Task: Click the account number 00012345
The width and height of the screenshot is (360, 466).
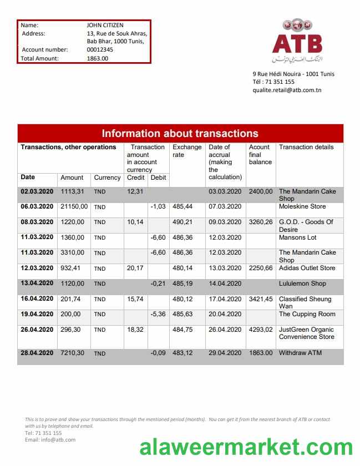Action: pyautogui.click(x=100, y=49)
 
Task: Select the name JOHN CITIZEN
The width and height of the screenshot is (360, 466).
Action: pyautogui.click(x=105, y=25)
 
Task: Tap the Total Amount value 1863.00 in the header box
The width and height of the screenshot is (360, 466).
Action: pyautogui.click(x=98, y=58)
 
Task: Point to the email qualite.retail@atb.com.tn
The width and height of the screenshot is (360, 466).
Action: pyautogui.click(x=287, y=90)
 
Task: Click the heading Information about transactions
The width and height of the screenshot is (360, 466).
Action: pyautogui.click(x=180, y=133)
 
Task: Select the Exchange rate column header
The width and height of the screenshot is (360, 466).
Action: pyautogui.click(x=187, y=151)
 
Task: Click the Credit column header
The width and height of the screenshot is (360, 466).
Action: pyautogui.click(x=135, y=178)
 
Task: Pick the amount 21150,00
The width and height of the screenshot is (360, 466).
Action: pyautogui.click(x=74, y=206)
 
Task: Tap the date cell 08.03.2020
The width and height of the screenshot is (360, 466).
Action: pyautogui.click(x=37, y=222)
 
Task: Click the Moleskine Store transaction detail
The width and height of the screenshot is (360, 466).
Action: pyautogui.click(x=302, y=206)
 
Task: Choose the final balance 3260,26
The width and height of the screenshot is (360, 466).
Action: pyautogui.click(x=260, y=222)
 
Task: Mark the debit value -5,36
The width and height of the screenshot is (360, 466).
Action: pyautogui.click(x=158, y=315)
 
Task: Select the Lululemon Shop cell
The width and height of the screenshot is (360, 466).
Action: pyautogui.click(x=302, y=283)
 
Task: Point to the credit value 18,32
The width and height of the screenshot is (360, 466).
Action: pyautogui.click(x=135, y=330)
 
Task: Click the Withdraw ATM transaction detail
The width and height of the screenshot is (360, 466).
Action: pyautogui.click(x=300, y=353)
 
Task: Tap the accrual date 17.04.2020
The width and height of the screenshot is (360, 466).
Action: pyautogui.click(x=225, y=299)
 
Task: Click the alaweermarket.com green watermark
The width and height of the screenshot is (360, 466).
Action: pyautogui.click(x=246, y=447)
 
